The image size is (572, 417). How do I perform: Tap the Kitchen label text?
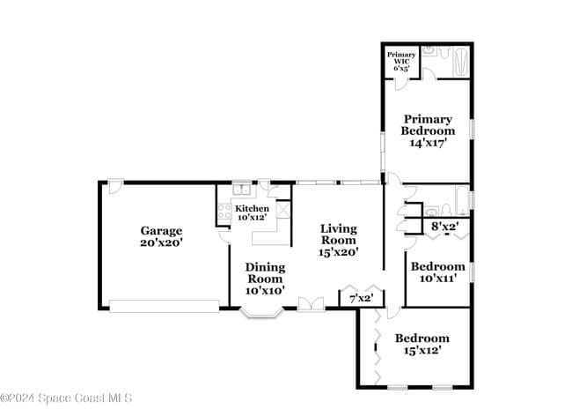click(x=252, y=212)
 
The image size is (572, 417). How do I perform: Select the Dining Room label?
click(x=264, y=279)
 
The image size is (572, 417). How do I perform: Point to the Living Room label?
click(x=339, y=240)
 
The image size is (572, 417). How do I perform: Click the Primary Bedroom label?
click(x=428, y=130)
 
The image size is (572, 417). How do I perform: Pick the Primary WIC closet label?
click(x=401, y=60)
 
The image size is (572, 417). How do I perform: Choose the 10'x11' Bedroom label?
click(x=437, y=272)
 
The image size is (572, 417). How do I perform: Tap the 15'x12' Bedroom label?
click(x=422, y=344)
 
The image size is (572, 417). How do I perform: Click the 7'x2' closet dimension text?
click(x=362, y=299)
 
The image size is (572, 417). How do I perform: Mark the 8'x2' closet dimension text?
click(x=444, y=227)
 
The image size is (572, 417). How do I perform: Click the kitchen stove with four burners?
click(x=224, y=212)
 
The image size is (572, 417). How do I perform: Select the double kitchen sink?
click(x=242, y=189)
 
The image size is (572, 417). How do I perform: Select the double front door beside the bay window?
click(x=310, y=304)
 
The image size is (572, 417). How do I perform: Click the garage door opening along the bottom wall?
click(x=164, y=306)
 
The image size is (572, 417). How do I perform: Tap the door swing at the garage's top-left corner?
click(x=115, y=187)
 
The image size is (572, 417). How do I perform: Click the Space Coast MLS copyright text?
click(x=66, y=398)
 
